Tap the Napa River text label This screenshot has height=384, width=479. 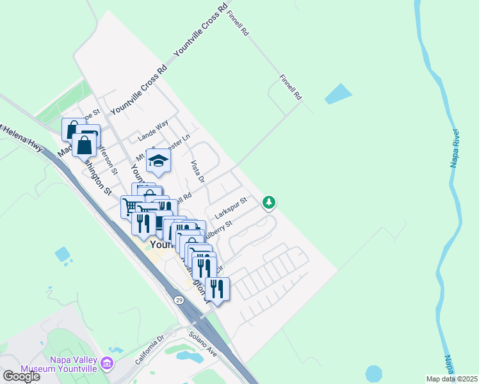pyautogui.click(x=455, y=148)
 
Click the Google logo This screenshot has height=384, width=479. pyautogui.click(x=20, y=376)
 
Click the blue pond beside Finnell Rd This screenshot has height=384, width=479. pyautogui.click(x=338, y=94)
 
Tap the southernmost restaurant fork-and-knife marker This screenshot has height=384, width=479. pyautogui.click(x=217, y=288)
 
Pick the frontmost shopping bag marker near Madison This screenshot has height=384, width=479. pyautogui.click(x=85, y=145)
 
